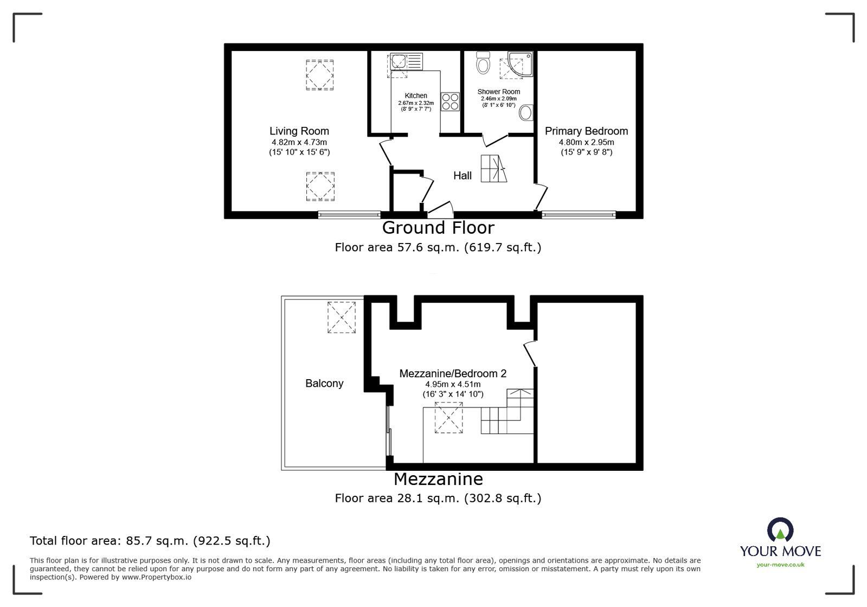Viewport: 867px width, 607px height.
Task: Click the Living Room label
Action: [x=299, y=131]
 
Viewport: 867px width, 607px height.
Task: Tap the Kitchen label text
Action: [x=416, y=95]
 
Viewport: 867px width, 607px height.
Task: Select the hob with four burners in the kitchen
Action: [x=450, y=101]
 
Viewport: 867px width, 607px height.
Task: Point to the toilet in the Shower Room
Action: [x=482, y=63]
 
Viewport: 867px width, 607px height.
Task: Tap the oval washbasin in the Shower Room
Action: [x=525, y=113]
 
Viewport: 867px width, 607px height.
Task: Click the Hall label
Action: [x=463, y=175]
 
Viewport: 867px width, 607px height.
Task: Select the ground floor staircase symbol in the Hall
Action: [x=493, y=169]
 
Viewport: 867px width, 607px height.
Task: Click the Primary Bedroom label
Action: [x=586, y=131]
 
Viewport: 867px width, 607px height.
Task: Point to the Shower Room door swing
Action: [x=495, y=140]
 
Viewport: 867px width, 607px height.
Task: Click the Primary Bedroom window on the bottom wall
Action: [x=579, y=215]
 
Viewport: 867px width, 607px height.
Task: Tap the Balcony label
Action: [x=324, y=383]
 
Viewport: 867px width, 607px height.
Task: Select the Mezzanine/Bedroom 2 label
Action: [x=453, y=373]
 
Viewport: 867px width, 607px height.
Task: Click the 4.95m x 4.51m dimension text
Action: [x=453, y=384]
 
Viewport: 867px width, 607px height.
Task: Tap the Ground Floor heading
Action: [x=438, y=227]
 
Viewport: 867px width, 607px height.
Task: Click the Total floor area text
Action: [x=150, y=540]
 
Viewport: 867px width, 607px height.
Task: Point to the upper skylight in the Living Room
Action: [x=320, y=75]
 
